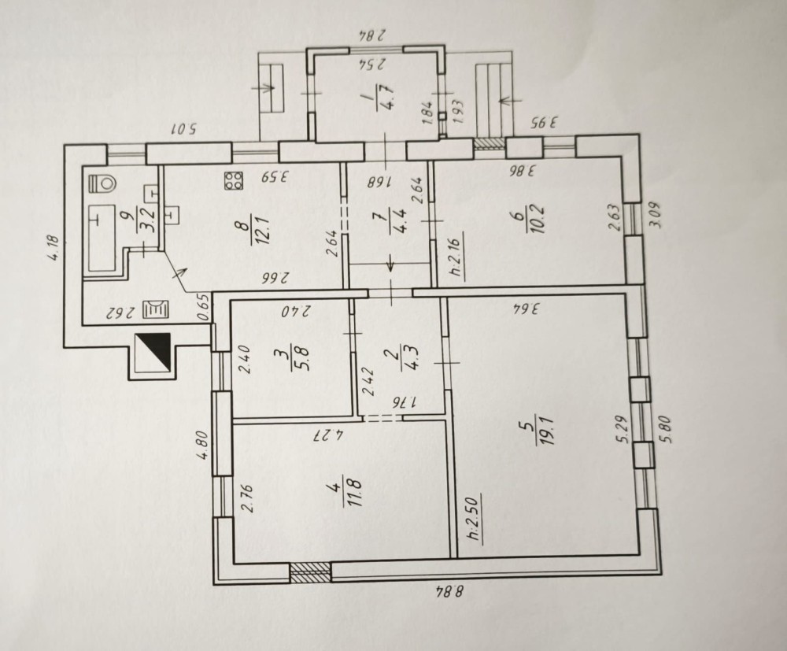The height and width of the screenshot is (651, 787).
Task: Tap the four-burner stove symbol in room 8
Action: [x=234, y=181]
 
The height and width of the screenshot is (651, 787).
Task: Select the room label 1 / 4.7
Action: [x=380, y=96]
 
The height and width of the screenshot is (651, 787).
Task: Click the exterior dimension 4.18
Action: [x=55, y=249]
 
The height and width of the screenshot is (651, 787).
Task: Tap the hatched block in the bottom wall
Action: [x=311, y=573]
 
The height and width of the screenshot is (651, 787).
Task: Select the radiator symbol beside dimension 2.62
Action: [x=157, y=309]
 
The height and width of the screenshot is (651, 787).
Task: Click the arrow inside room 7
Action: [x=390, y=263]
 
